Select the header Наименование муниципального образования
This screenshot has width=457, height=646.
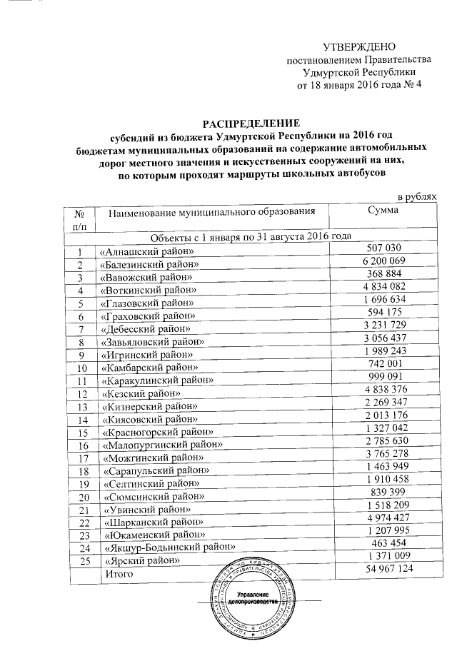211,213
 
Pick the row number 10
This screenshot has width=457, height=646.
84,368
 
